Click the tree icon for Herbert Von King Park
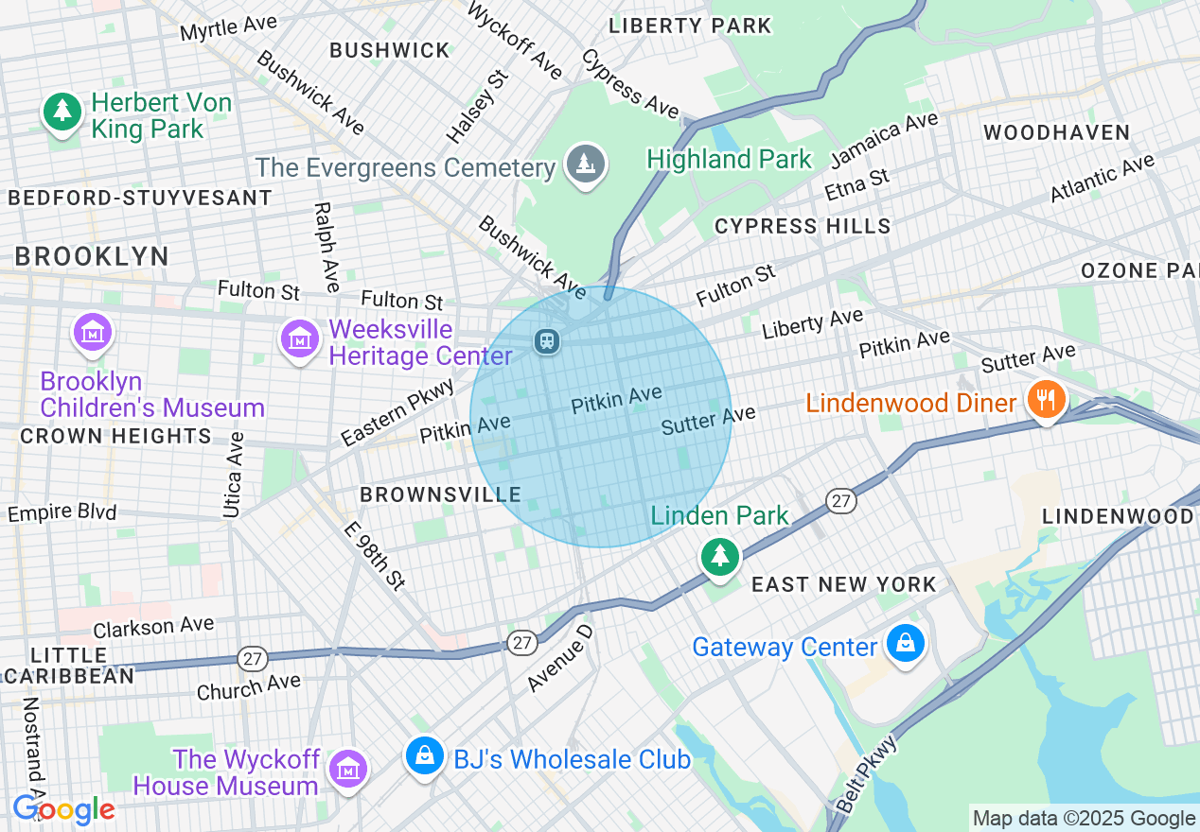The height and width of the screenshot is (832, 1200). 62,112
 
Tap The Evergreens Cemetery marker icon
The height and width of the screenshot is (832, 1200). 586,165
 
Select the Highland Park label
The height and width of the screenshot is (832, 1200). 729,159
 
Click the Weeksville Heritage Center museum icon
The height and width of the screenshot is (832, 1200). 299,338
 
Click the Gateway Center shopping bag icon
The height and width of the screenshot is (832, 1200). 906,644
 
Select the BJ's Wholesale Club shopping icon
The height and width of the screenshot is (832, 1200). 426,756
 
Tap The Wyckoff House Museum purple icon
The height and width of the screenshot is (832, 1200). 348,770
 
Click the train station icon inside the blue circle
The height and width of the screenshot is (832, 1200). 546,340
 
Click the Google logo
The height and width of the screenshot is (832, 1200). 63,809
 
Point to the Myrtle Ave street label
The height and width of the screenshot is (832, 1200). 228,27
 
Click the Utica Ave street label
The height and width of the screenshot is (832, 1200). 234,475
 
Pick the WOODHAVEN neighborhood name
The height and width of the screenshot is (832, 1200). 1056,132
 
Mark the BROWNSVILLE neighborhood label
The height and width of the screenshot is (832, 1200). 440,494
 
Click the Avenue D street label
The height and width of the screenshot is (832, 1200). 560,657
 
